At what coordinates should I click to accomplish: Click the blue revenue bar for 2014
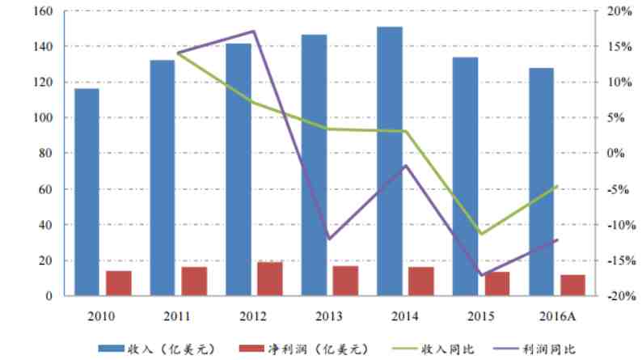390,162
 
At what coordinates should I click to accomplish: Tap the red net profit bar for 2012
269,279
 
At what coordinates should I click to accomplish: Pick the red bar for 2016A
572,286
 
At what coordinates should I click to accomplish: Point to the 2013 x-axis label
329,316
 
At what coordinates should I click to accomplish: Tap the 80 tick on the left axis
47,154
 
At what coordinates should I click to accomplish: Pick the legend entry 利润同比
550,349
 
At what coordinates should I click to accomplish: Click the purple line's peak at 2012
254,32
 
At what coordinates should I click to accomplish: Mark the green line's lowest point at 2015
482,234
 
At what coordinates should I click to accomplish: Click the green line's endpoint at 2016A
557,186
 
